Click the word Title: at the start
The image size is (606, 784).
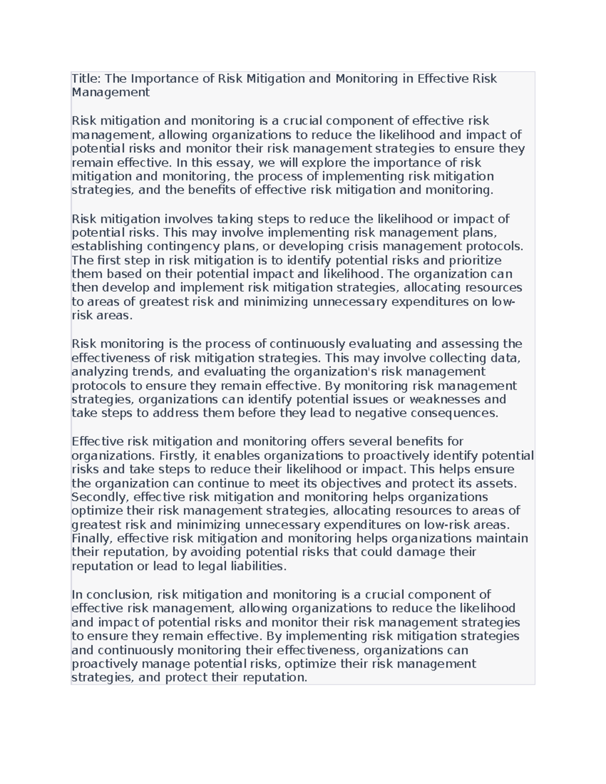click(x=86, y=79)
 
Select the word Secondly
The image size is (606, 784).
click(x=100, y=497)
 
